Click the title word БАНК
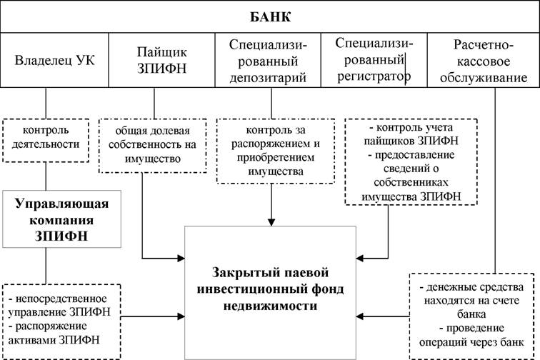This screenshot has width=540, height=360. coord(270,17)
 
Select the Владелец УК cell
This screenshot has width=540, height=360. coord(54,60)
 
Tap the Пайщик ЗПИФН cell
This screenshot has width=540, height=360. coord(162,60)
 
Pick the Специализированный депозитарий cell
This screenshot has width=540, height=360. coord(268,60)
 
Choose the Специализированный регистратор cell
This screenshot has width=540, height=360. coord(374,60)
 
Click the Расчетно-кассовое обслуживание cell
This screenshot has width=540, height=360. coord(483,60)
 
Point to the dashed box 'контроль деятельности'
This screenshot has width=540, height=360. coord(46,141)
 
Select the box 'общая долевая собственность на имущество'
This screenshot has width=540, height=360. coord(153,146)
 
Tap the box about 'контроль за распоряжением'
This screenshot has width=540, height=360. coord(276,151)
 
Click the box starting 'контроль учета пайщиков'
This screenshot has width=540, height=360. coord(411,162)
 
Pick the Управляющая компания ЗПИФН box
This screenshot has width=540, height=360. coord(61,219)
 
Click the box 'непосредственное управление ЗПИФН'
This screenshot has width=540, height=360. coord(61,321)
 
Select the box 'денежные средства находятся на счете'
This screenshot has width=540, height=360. coord(472,316)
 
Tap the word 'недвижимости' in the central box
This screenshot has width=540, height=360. coord(270,306)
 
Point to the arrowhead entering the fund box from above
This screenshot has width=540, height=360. coord(271,222)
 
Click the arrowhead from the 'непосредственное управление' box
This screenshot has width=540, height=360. coord(181,316)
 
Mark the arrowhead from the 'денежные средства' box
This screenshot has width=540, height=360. coord(360,316)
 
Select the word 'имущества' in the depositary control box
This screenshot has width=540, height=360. coord(276,171)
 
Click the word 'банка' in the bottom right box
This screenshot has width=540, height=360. coord(471,314)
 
